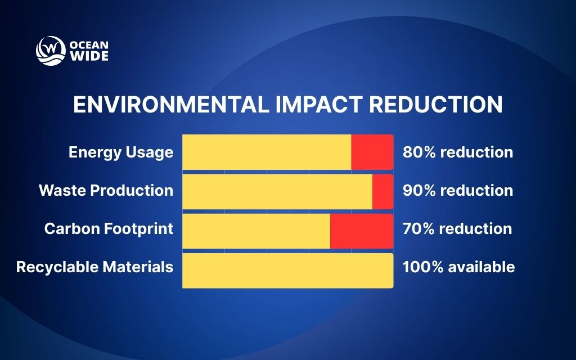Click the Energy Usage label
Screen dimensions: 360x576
click(x=121, y=152)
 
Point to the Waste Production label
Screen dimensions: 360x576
click(x=106, y=191)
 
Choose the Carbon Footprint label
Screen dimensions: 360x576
click(x=109, y=229)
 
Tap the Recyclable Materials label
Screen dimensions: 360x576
click(x=94, y=267)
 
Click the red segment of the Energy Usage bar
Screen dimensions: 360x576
click(x=372, y=152)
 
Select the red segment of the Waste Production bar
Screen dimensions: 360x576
click(x=382, y=191)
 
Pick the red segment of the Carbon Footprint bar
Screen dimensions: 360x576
click(x=361, y=231)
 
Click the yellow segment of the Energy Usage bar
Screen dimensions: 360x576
click(x=267, y=152)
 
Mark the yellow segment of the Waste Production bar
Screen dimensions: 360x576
click(x=277, y=191)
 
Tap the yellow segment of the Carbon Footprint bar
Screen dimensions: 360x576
click(x=256, y=231)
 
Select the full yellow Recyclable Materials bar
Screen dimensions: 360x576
click(x=287, y=271)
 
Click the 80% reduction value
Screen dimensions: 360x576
click(x=457, y=152)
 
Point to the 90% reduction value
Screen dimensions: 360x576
click(x=457, y=191)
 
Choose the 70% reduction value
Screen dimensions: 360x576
click(x=457, y=229)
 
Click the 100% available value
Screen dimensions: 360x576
click(x=458, y=267)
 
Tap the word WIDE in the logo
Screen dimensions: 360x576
click(x=88, y=56)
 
